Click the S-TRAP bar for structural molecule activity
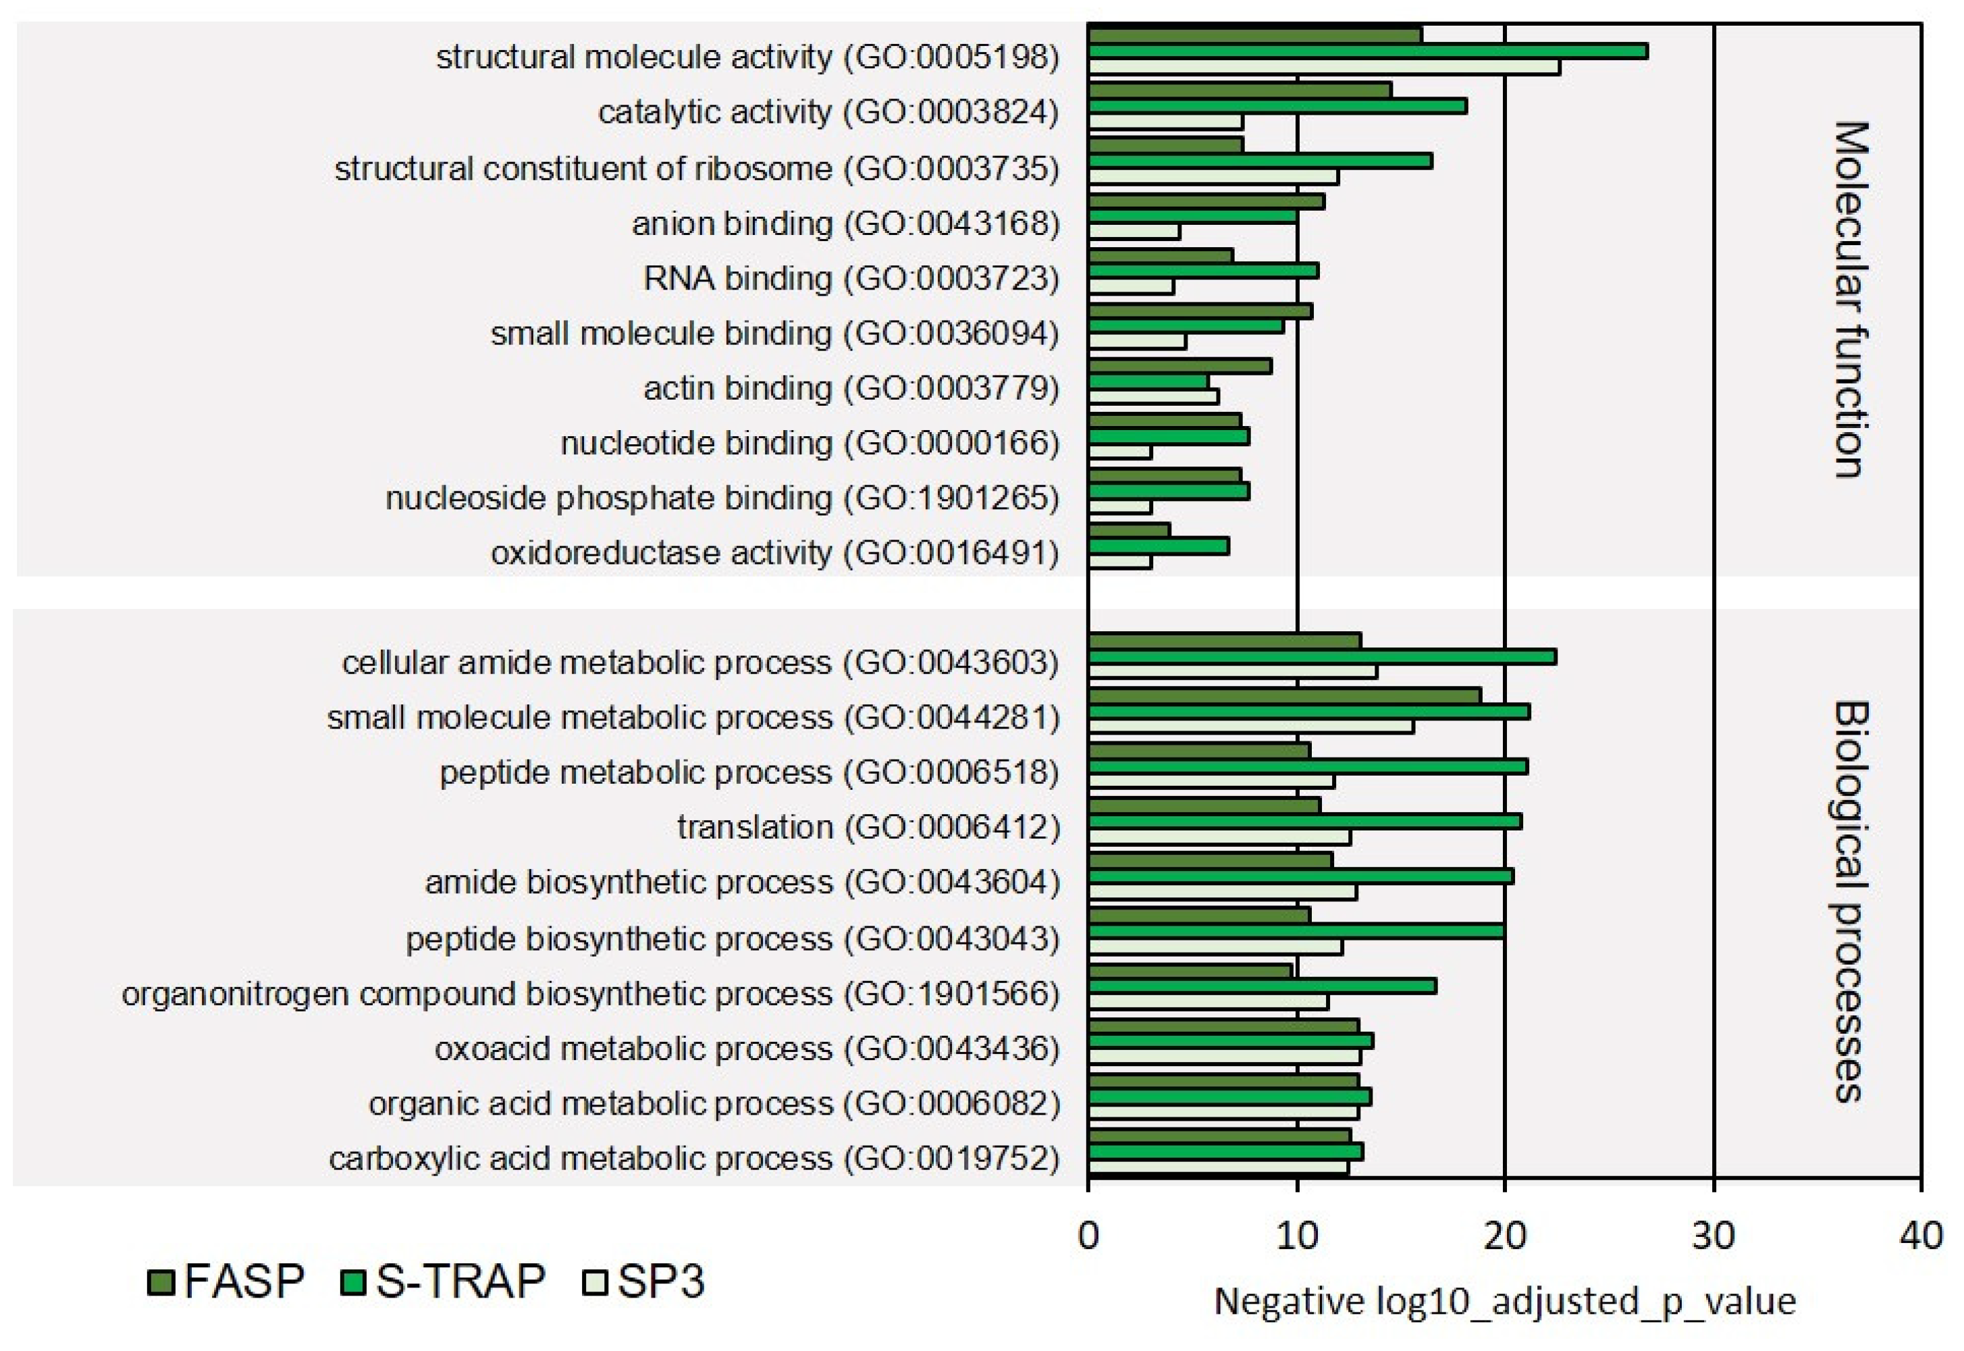1367,51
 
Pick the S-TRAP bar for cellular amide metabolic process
1321,657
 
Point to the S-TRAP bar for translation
1304,822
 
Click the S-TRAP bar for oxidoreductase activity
1158,547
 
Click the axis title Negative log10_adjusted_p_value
1505,1301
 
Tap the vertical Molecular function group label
1851,300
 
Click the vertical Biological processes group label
1851,901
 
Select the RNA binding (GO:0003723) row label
851,278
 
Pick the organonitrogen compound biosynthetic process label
590,994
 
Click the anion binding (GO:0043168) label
845,224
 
